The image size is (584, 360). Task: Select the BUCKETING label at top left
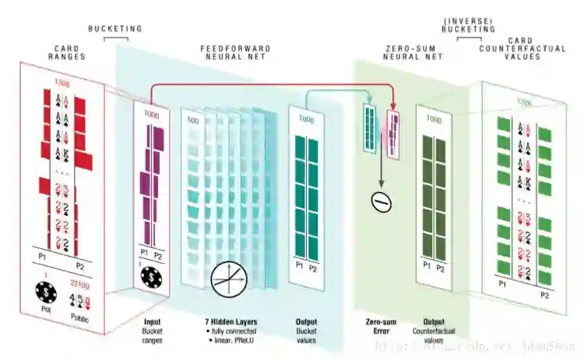click(115, 28)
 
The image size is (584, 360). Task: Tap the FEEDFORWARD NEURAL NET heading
click(236, 52)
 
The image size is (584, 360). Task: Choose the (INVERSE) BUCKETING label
click(470, 25)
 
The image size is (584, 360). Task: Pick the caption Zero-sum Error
click(380, 327)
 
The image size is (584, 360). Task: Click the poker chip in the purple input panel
click(152, 278)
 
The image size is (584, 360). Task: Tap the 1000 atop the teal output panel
click(306, 119)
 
